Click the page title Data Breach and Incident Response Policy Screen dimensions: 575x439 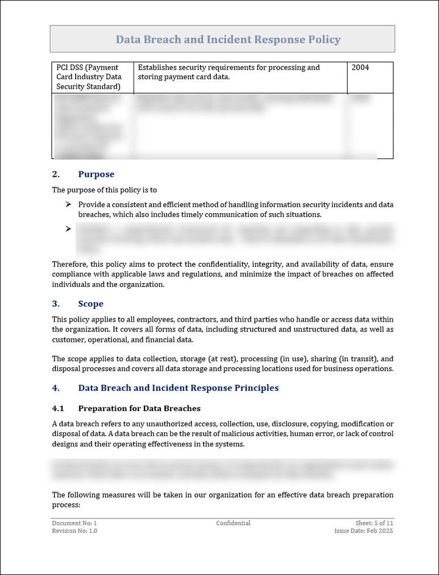tap(228, 40)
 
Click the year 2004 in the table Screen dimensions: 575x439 tap(360, 68)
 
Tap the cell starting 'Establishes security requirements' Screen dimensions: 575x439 tap(229, 72)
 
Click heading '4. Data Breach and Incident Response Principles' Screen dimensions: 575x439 tap(165, 388)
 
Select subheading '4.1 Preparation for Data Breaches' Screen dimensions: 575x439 tap(126, 408)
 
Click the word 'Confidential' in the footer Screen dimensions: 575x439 tap(233, 523)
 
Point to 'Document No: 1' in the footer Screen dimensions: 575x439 tap(74, 523)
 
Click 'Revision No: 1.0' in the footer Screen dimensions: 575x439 tap(74, 531)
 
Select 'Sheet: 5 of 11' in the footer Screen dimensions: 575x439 tap(374, 523)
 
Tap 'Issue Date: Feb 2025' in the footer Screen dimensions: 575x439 tap(363, 531)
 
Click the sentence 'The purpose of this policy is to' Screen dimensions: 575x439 tap(104, 190)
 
